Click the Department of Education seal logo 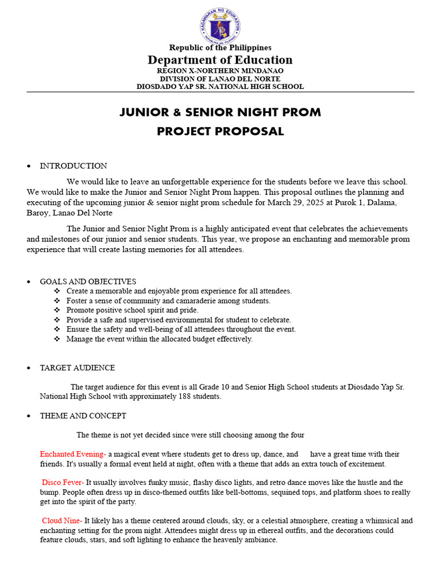coord(220,26)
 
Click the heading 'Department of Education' coord(220,60)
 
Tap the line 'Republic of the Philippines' coord(220,48)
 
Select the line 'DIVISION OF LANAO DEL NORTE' coord(220,79)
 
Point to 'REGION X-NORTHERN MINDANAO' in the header coord(220,71)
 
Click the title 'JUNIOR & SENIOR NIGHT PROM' coord(220,112)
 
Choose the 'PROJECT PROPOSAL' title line coord(220,131)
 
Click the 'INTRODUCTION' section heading coord(73,166)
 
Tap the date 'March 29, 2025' coord(287,202)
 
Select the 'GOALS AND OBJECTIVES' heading coord(88,281)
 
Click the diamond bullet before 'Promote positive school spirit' coord(57,310)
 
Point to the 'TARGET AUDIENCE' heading coord(77,368)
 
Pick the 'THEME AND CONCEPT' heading coord(83,416)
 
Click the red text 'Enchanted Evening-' coord(73,454)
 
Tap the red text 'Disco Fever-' coord(63,483)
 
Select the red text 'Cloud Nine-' coord(62,521)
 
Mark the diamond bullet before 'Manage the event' coord(57,339)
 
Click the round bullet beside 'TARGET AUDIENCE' coord(29,368)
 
